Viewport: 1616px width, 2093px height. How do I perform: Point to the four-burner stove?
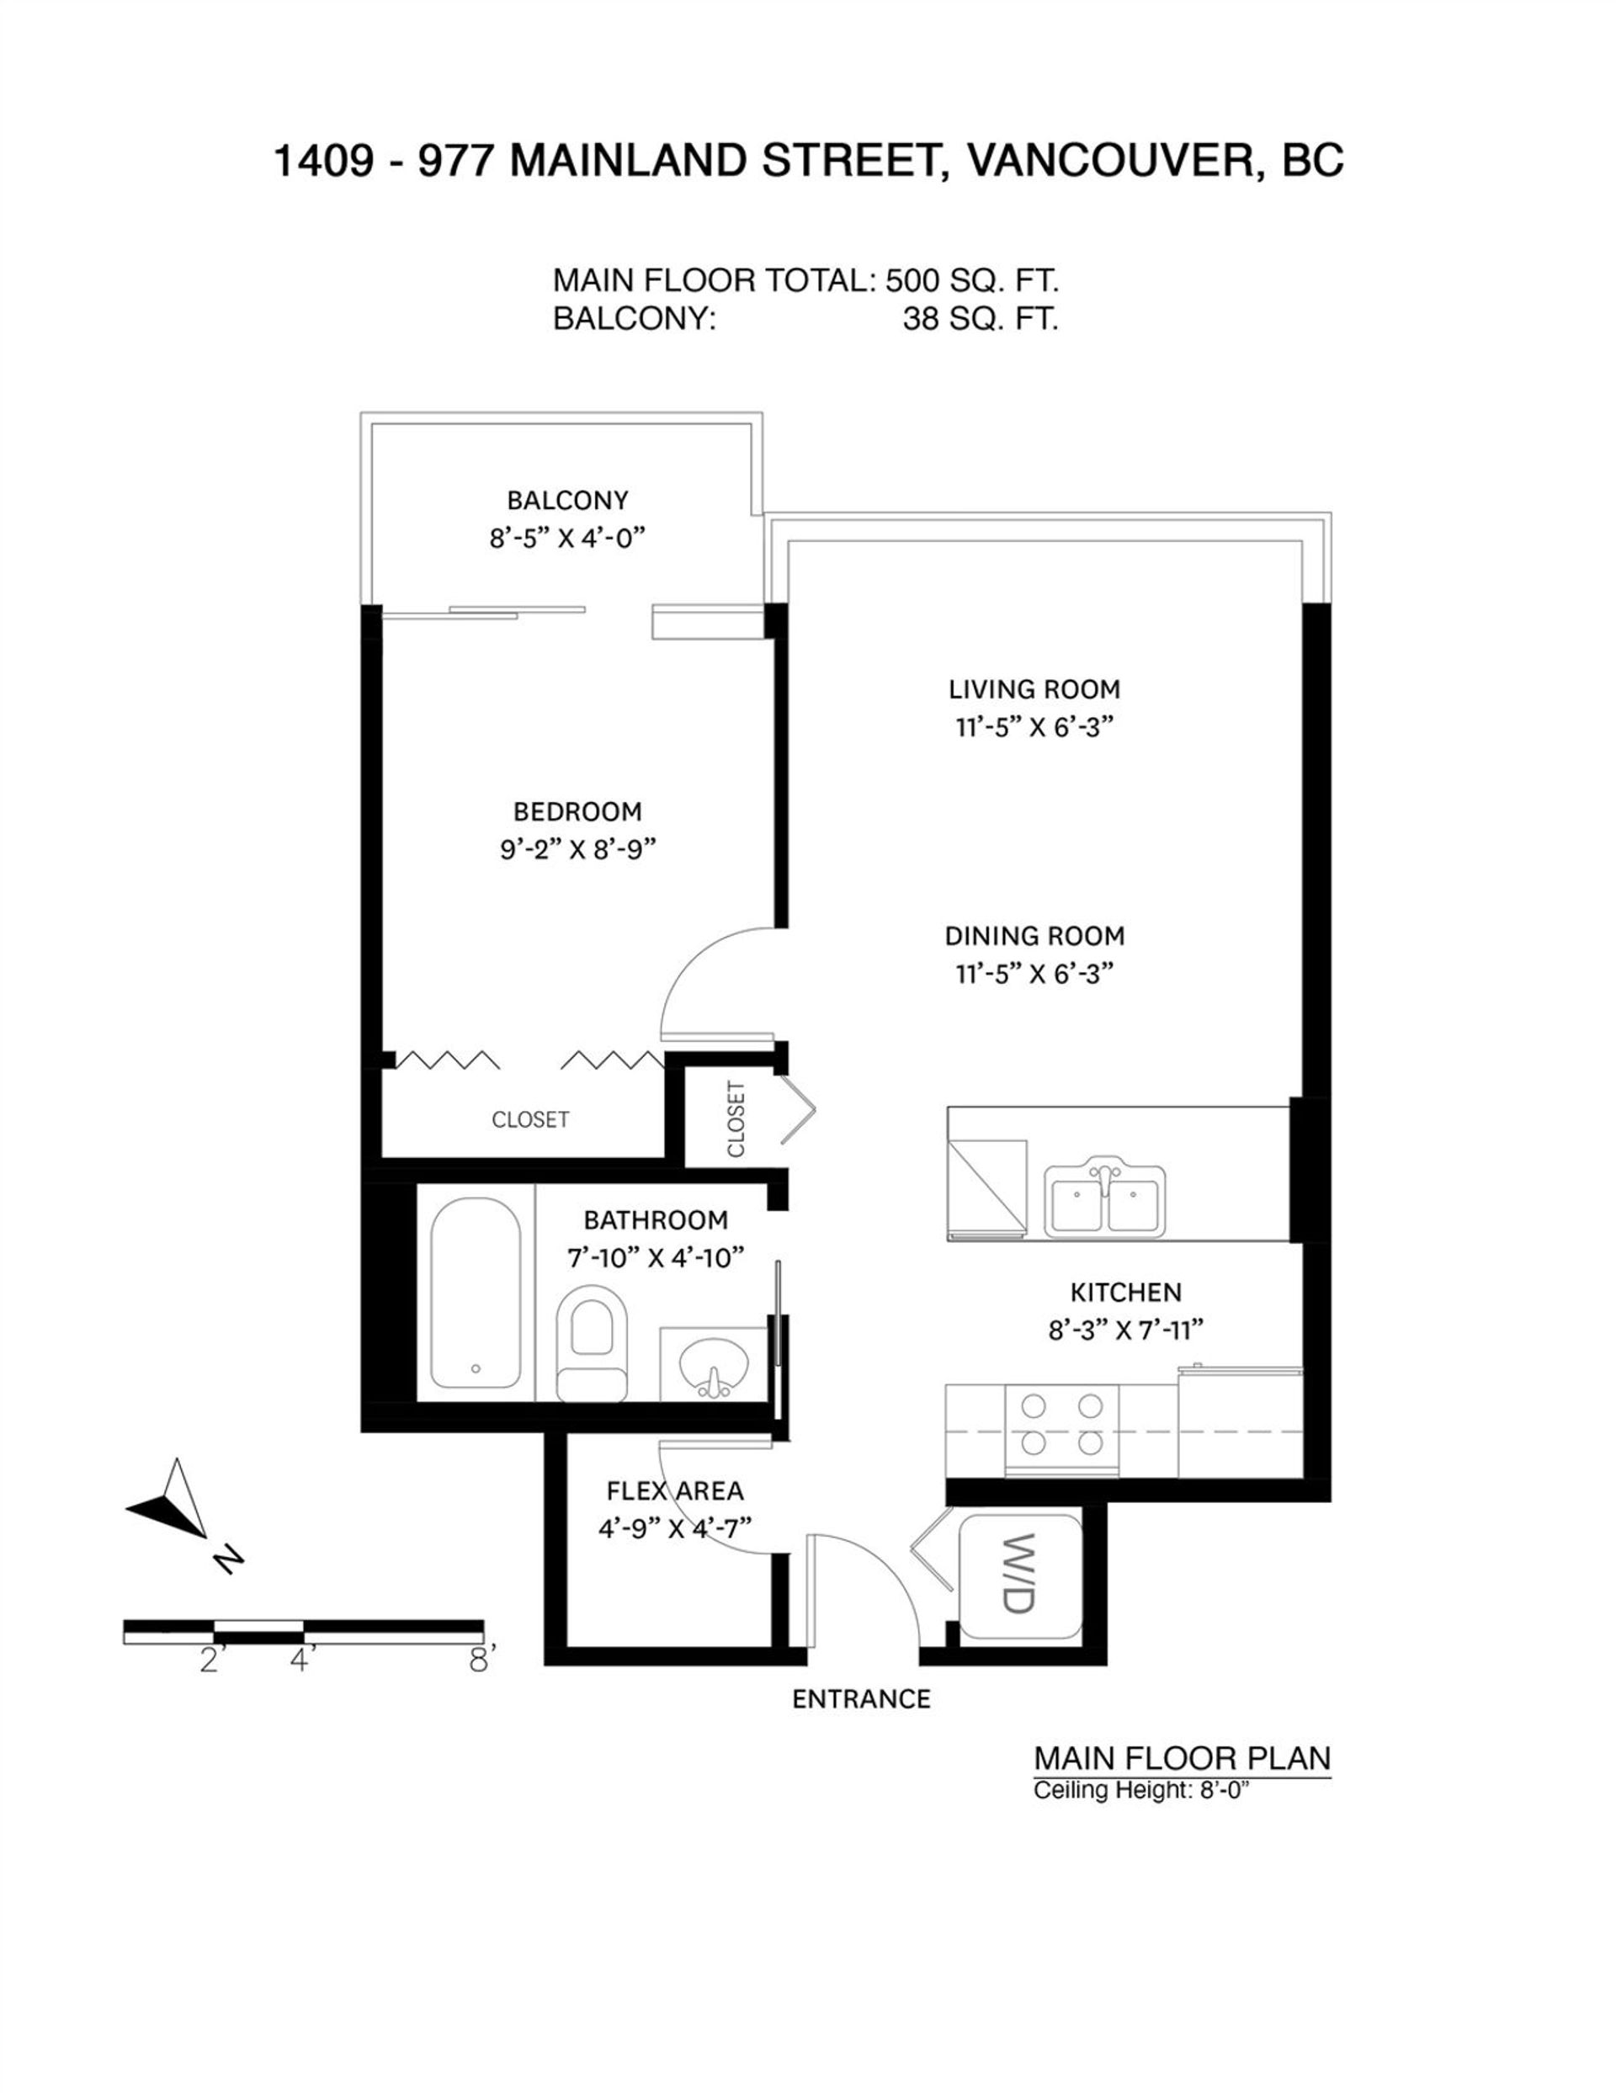pos(1061,1429)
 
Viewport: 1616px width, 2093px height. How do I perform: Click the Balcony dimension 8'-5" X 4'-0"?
pos(566,539)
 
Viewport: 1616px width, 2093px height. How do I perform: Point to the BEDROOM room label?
pos(577,812)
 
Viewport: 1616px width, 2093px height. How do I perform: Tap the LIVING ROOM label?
pos(1034,689)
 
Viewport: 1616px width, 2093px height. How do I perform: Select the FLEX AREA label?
pos(675,1491)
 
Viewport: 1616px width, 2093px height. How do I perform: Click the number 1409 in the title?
pos(323,161)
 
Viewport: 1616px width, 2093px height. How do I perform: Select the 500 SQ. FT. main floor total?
pos(971,281)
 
